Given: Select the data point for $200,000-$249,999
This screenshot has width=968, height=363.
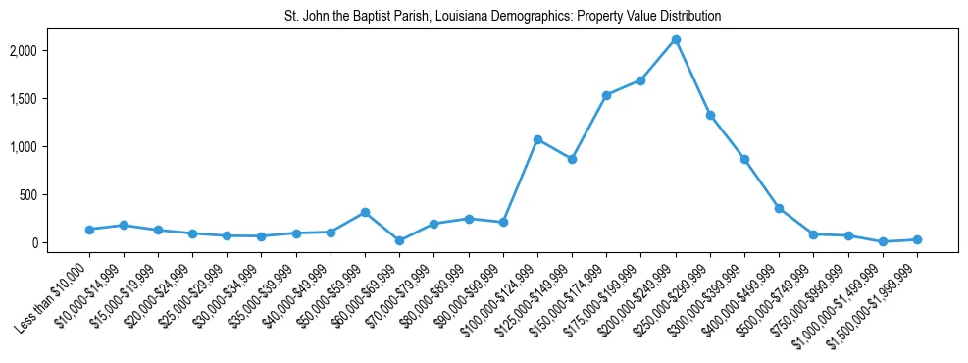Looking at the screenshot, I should click(676, 40).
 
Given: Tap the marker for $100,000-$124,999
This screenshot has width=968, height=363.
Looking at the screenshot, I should click(537, 139).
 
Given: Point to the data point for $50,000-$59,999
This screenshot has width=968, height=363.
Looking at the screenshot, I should click(365, 212).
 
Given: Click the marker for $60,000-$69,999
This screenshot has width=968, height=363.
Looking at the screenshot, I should click(399, 240).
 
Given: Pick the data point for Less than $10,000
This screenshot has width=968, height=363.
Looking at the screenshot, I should click(89, 230).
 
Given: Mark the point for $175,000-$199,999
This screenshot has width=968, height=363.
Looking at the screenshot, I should click(640, 80).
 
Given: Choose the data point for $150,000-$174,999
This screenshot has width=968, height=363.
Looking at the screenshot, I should click(606, 95).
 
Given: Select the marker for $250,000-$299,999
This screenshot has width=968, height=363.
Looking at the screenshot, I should click(710, 115).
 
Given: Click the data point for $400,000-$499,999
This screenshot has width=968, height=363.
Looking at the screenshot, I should click(779, 208).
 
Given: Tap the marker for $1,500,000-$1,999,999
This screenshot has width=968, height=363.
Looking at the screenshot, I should click(917, 239).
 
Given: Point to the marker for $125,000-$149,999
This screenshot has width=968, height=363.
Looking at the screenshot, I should click(572, 159).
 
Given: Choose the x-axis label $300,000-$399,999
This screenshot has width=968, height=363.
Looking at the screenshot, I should click(711, 290).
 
